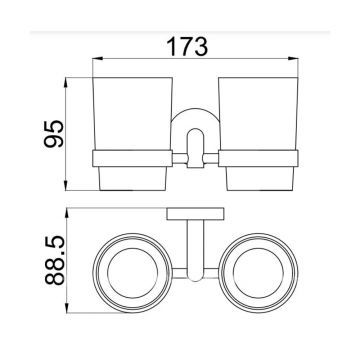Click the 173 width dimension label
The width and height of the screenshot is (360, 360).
point(187,46)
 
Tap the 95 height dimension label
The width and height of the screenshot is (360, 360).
point(54,134)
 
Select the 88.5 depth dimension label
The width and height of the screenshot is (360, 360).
point(54,260)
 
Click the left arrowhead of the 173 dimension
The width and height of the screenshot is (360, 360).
point(97,59)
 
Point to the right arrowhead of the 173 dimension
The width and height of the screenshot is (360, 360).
point(293,59)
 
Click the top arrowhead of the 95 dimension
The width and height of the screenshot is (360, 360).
point(66,83)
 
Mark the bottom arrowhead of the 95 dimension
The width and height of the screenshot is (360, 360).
point(66,186)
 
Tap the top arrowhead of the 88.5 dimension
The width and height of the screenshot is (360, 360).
point(67,213)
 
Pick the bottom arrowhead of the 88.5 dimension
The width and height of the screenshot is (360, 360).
point(67,308)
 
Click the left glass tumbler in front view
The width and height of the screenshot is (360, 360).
point(132,114)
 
